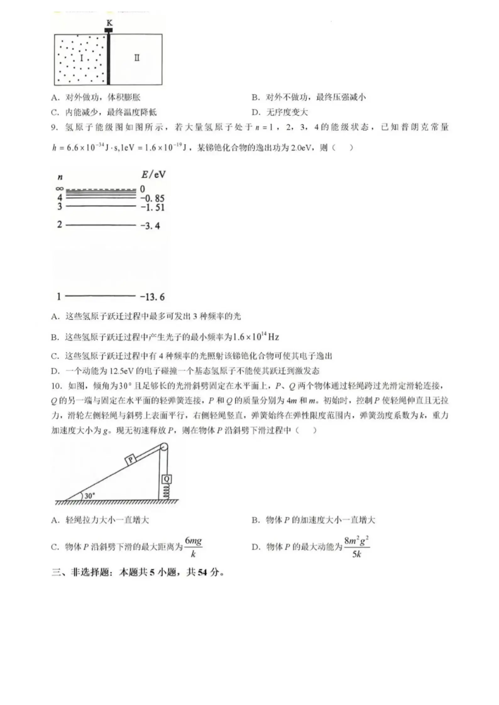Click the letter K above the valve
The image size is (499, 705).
coord(109,23)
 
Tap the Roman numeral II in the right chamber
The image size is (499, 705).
coord(137,58)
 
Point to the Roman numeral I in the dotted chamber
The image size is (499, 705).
coord(82,58)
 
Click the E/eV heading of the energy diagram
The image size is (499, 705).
coord(153,174)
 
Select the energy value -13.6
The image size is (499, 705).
coord(152,297)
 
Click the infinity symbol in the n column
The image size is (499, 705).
coord(59,189)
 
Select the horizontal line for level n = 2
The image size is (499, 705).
coord(101,225)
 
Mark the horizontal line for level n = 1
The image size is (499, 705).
coord(100,296)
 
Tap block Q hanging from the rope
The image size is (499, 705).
coord(167,479)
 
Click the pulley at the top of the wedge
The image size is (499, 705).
coord(164,447)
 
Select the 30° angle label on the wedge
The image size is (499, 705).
coord(89,496)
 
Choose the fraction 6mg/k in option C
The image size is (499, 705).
coord(193,547)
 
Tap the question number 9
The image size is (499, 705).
coord(54,128)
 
